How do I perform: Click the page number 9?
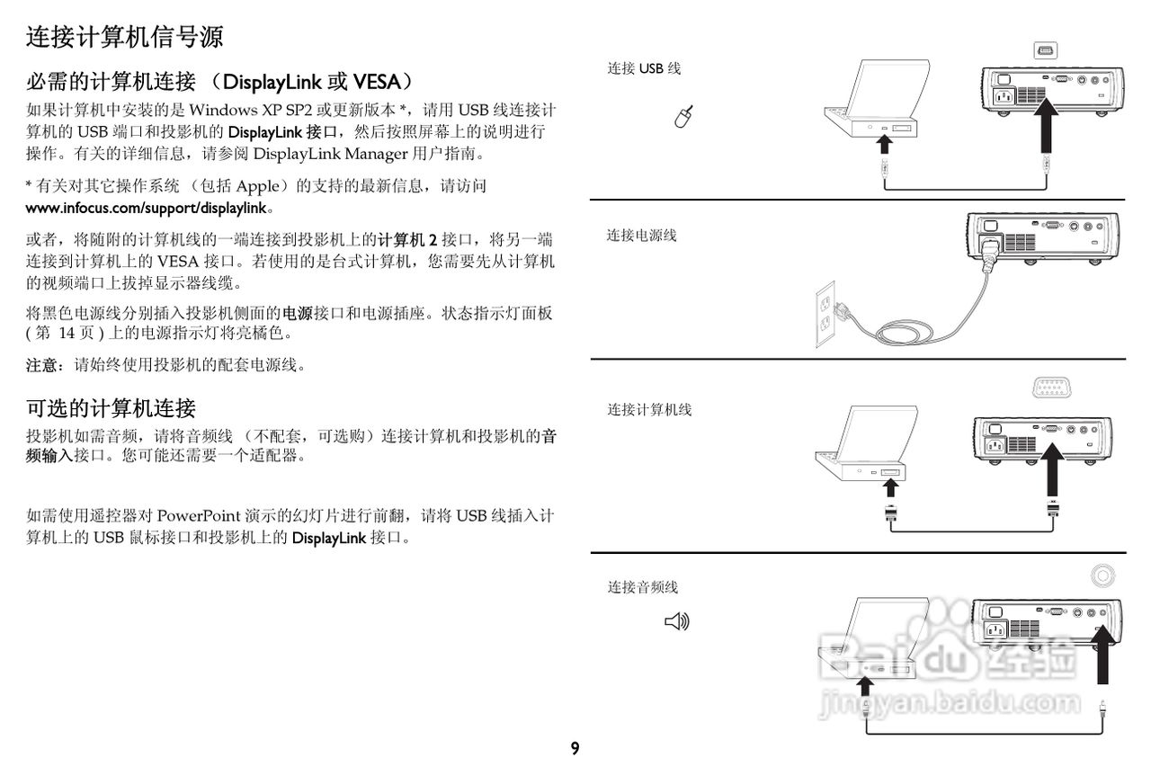[575, 748]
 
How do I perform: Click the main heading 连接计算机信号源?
[124, 37]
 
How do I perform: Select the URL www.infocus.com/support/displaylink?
[147, 208]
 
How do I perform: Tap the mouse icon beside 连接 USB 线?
[684, 117]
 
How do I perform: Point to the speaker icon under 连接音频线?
[677, 621]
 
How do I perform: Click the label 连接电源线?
[642, 236]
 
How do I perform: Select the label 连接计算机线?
[649, 409]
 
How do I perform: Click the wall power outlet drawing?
[825, 314]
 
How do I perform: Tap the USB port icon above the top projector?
[1046, 50]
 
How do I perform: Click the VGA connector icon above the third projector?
[1052, 388]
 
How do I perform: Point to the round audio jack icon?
[1102, 575]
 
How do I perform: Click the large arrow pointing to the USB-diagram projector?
[1045, 125]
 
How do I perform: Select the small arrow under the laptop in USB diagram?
[884, 144]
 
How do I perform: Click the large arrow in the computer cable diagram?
[1052, 469]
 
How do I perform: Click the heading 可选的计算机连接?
[111, 408]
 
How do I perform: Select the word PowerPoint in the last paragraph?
[199, 516]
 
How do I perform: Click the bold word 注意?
[41, 365]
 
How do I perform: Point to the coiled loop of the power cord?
[905, 333]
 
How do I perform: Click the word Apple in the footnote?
[257, 186]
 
